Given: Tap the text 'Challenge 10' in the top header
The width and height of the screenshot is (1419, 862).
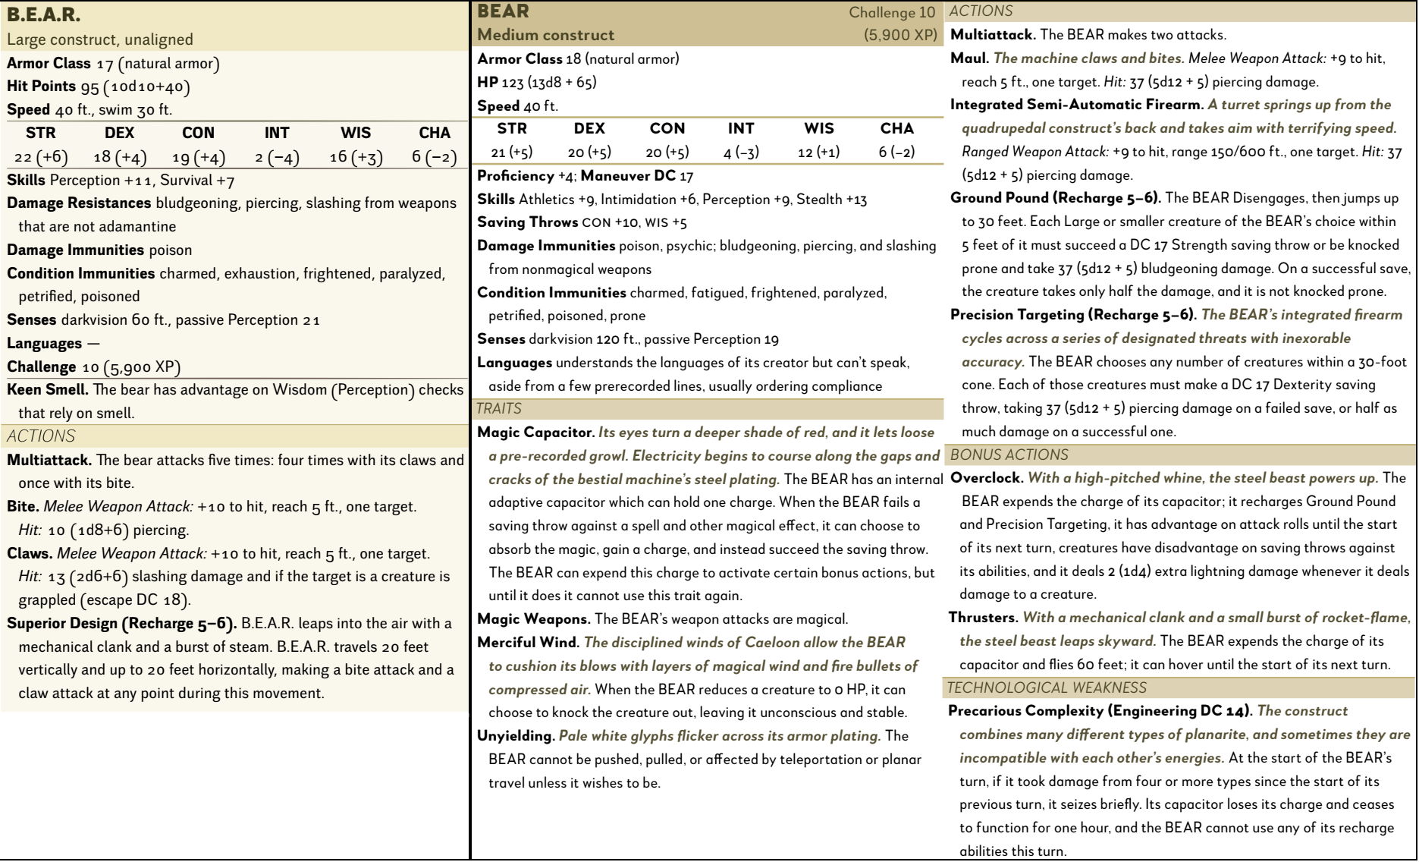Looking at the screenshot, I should (x=892, y=13).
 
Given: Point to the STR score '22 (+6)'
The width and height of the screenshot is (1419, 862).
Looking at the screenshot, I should (x=41, y=157).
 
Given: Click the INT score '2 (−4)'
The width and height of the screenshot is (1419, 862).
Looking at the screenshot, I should (x=277, y=157).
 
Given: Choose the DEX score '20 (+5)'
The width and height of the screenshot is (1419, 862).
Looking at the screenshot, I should (x=589, y=153).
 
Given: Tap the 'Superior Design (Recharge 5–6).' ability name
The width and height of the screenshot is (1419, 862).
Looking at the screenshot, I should (x=122, y=624).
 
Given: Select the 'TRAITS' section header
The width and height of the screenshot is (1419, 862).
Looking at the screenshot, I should (x=499, y=409).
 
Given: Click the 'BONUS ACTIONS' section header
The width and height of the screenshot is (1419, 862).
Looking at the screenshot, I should (x=1009, y=455).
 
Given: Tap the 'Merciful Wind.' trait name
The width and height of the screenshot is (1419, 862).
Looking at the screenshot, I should (x=528, y=643).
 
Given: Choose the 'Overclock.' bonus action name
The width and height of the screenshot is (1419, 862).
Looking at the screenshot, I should (x=984, y=478).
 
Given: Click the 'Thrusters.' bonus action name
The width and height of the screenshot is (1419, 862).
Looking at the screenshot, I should (x=983, y=618).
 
